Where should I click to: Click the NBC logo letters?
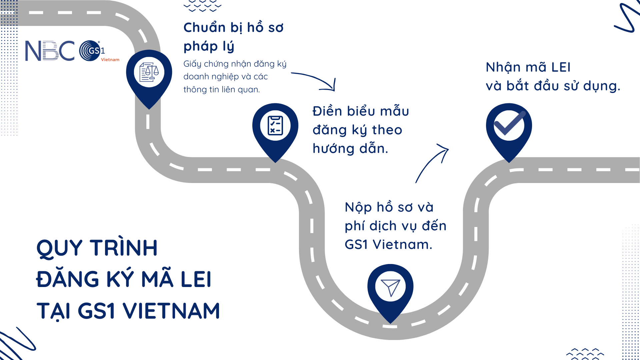pos(50,51)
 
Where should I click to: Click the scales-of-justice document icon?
pos(149,72)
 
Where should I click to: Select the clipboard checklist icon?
pos(275,126)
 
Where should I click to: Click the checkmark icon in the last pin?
pos(509,124)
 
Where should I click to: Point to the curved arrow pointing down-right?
pos(315,81)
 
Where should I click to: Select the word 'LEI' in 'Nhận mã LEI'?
pos(561,67)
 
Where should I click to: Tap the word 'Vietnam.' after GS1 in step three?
pos(402,245)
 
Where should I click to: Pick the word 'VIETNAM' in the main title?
pos(171,311)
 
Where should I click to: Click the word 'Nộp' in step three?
pos(358,207)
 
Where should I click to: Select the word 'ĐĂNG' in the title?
pos(68,279)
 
